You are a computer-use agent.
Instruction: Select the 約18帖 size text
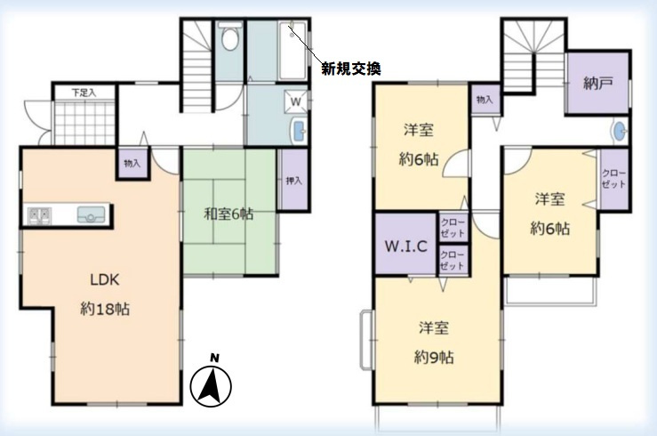pos(104,311)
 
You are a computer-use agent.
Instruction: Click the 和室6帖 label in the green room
pos(228,214)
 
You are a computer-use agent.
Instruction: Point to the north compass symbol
pos(212,384)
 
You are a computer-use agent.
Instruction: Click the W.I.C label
pos(405,246)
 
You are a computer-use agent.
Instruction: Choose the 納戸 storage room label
pos(597,84)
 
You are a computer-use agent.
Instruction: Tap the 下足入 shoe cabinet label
pos(84,92)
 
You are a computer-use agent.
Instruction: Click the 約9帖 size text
pos(434,358)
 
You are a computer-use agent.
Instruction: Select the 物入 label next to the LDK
pos(132,165)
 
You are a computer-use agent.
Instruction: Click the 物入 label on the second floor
pos(485,100)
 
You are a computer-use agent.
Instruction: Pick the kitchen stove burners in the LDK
pos(38,214)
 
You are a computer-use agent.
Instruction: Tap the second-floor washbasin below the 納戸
pos(618,133)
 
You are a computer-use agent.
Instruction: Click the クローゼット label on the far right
pos(614,179)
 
